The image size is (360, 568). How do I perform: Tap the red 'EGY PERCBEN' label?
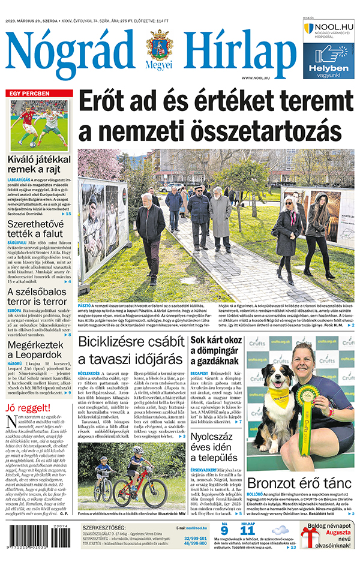point(29,94)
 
